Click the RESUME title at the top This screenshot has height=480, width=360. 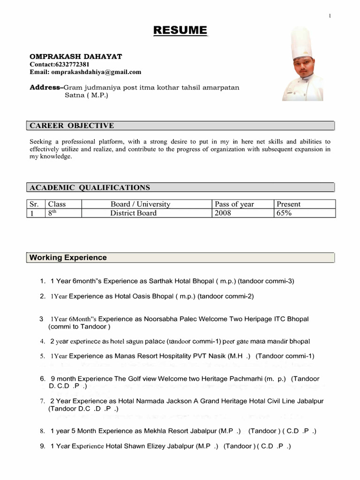pyautogui.click(x=180, y=31)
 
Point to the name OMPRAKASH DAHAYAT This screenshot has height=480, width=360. pyautogui.click(x=76, y=56)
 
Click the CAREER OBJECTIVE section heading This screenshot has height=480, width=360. pyautogui.click(x=72, y=126)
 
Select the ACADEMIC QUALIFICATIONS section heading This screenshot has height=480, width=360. pyautogui.click(x=90, y=187)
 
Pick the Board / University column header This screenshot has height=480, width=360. pyautogui.click(x=141, y=204)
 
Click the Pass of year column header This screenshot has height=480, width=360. pyautogui.click(x=234, y=204)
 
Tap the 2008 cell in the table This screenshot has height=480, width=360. pyautogui.click(x=223, y=213)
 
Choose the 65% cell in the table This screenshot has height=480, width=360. pyautogui.click(x=285, y=213)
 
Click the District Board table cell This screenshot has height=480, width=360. pyautogui.click(x=134, y=213)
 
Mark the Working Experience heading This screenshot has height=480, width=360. pyautogui.click(x=68, y=257)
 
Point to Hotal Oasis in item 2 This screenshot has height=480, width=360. pyautogui.click(x=133, y=296)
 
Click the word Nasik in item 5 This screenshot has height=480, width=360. pyautogui.click(x=216, y=356)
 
